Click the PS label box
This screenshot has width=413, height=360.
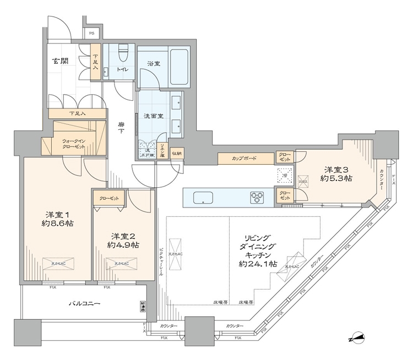click(92, 32)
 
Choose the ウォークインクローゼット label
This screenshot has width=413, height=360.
click(73, 144)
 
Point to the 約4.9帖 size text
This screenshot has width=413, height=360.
click(123, 244)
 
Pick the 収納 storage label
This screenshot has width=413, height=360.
click(177, 153)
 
